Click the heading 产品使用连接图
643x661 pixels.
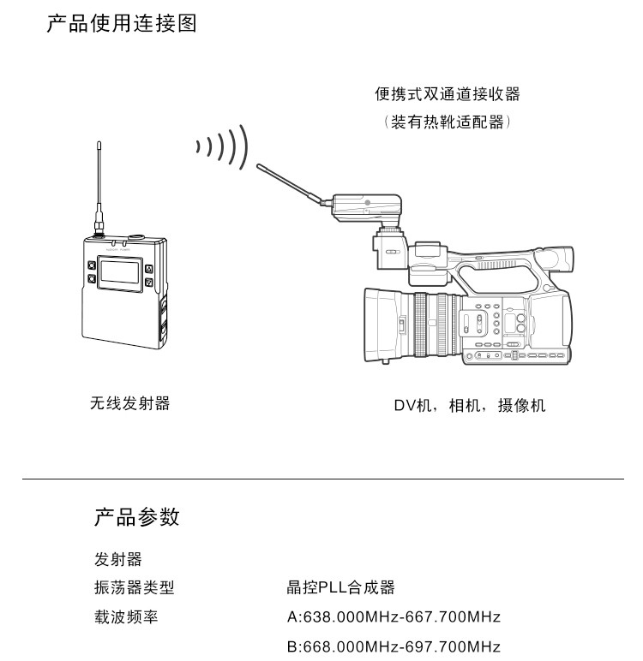point(122,23)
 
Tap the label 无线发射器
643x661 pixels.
point(130,403)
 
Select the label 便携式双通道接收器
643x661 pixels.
point(448,94)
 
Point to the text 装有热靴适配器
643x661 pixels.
point(448,122)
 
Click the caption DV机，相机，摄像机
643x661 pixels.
point(470,406)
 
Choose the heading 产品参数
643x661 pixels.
point(137,517)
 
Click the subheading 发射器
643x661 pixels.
point(118,559)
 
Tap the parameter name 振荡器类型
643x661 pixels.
point(135,587)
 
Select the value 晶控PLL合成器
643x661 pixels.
point(340,587)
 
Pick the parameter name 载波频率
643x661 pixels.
point(126,616)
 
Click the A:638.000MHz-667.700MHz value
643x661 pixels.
point(394,616)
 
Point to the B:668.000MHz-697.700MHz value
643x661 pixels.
point(394,646)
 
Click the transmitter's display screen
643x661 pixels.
point(119,272)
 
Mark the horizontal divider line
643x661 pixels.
point(323,479)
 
